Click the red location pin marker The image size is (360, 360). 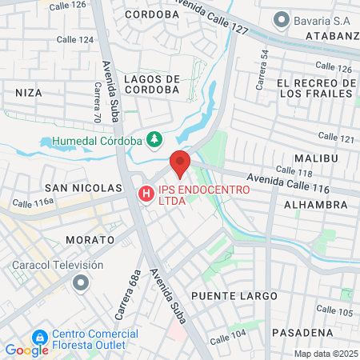[180, 163]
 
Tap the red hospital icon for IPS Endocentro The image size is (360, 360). [146, 194]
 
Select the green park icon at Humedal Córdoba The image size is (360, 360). [155, 141]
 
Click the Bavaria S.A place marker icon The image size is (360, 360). [281, 18]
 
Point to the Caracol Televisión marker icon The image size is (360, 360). [81, 283]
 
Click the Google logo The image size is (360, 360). [26, 350]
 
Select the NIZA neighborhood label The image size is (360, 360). [29, 93]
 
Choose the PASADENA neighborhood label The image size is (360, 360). [302, 332]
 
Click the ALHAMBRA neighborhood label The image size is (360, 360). [315, 205]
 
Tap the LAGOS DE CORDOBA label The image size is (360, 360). [152, 84]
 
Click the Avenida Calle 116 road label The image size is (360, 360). [277, 185]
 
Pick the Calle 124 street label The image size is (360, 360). [75, 39]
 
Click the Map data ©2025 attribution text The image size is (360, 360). [326, 354]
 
